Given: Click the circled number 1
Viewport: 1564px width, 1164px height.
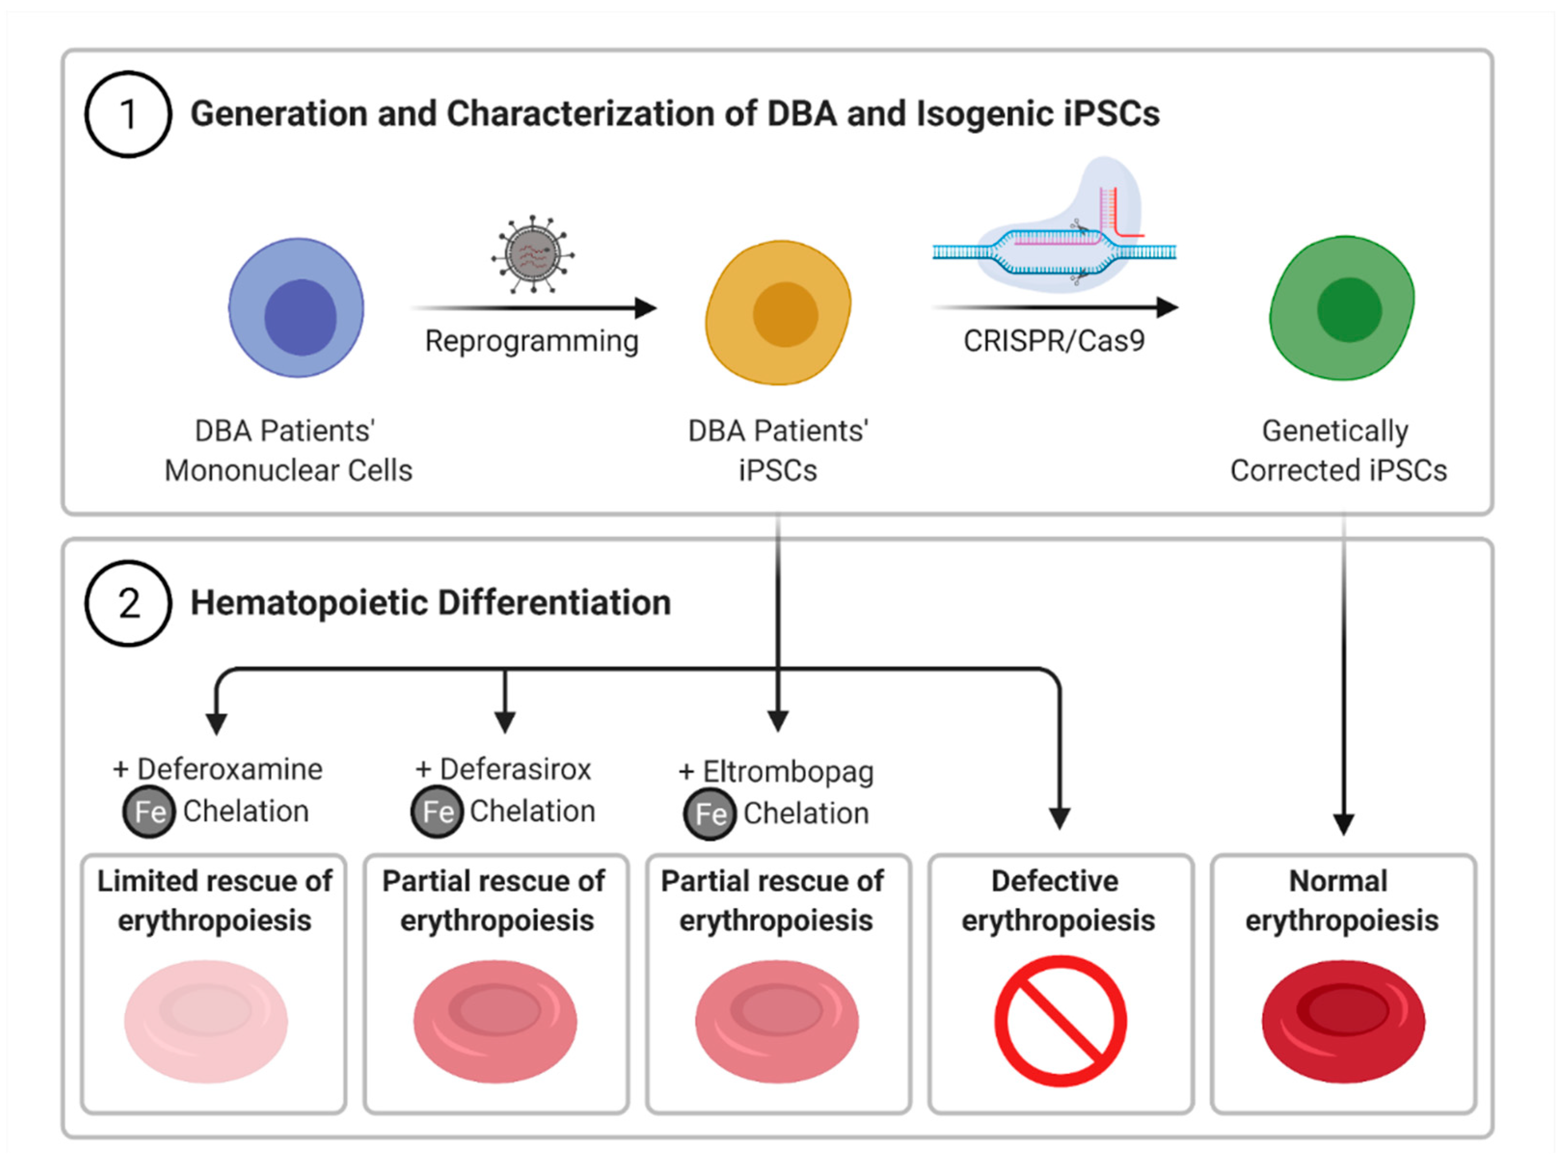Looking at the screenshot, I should pos(128,114).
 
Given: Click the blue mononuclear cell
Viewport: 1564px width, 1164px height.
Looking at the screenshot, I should pos(296,308).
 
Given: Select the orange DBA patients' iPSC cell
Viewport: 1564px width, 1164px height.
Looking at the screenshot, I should pos(778,312).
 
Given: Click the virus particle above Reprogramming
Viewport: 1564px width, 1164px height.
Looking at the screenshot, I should pos(533,254).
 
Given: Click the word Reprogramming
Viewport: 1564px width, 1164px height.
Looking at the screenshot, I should pos(531,341).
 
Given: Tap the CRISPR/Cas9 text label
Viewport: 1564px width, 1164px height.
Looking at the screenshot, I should pos(1054,341).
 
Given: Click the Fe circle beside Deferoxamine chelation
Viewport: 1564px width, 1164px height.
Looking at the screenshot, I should pos(148,812).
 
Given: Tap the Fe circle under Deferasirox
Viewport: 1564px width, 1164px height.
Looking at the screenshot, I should pos(437,812).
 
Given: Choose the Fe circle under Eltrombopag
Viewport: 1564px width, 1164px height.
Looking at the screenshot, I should pos(710,814).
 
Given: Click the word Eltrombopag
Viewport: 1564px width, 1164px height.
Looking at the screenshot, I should pos(788,772).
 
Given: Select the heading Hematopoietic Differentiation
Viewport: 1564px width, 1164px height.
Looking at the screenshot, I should pos(431,603).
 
